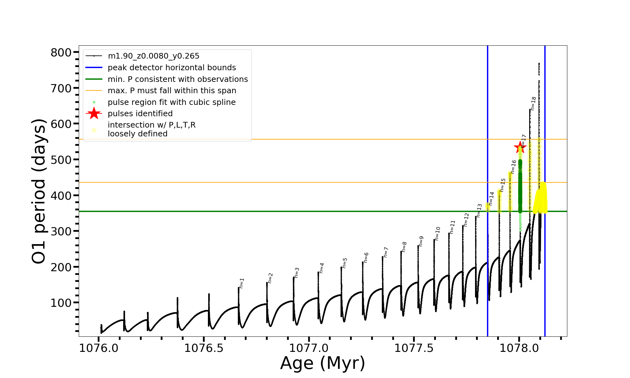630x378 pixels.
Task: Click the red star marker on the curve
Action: (x=520, y=147)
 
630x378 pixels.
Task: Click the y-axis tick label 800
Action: (x=61, y=53)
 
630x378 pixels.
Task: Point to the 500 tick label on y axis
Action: (x=61, y=160)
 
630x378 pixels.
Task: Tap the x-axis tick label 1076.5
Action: (x=203, y=348)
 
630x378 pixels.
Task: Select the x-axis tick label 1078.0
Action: (x=519, y=348)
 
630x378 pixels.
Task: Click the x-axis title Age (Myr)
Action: (x=323, y=363)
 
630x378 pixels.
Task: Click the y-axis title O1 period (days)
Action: (x=39, y=191)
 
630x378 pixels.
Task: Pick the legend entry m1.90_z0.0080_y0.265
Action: (x=153, y=56)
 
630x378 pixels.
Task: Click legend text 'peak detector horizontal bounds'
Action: (x=172, y=68)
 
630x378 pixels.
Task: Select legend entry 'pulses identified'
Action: (x=140, y=114)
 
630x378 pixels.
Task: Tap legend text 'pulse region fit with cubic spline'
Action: (x=172, y=102)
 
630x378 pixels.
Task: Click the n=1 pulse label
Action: (x=242, y=283)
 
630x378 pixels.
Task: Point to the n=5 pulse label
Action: (x=345, y=263)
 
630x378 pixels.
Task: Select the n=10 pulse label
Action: (x=438, y=233)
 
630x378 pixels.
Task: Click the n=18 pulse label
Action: (x=533, y=103)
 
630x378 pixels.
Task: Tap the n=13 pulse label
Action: (x=479, y=210)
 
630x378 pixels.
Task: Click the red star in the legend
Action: (x=94, y=113)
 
